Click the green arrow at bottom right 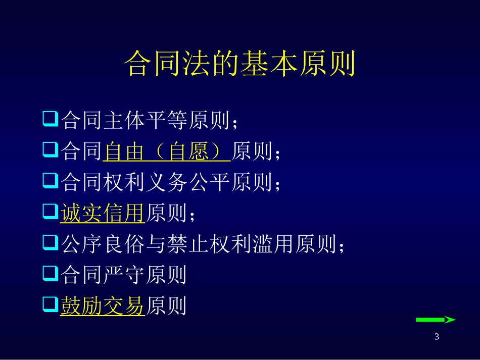435,320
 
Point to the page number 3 437,337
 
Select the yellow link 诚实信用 103,214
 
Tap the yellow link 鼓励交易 103,306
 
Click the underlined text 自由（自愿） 166,152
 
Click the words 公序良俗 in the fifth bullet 103,244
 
